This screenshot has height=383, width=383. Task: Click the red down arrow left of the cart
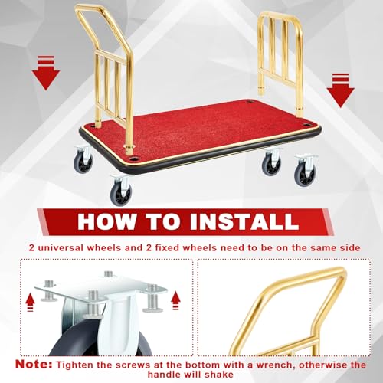point(46,73)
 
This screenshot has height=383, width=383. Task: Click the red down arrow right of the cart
point(341,90)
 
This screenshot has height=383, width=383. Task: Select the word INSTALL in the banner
point(244,221)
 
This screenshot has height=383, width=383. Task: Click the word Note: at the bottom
point(34,364)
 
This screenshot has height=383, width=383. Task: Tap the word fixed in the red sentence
point(167,247)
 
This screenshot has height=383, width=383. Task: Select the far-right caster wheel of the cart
point(306,171)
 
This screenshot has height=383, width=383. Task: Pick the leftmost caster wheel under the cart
point(83,160)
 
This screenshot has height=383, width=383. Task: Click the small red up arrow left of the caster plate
point(30,303)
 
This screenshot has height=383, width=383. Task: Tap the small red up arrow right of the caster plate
point(175,301)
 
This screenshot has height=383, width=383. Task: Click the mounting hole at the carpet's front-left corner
point(133,159)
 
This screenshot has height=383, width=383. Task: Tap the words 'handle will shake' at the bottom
point(190,375)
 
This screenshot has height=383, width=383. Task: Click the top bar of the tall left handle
point(90,8)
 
